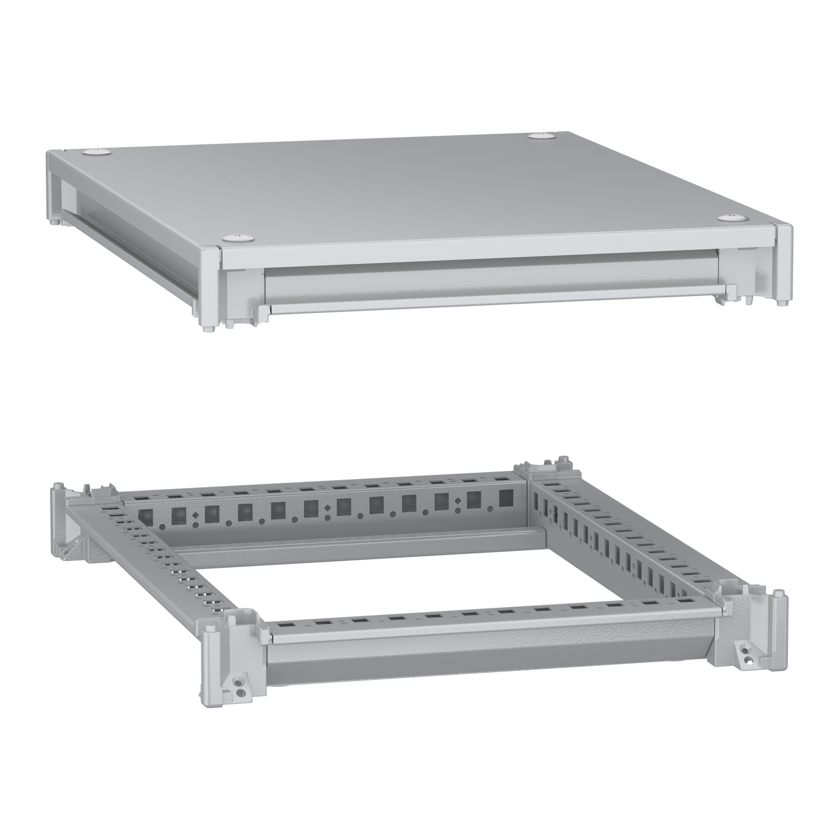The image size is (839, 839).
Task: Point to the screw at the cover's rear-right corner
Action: [543, 136]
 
